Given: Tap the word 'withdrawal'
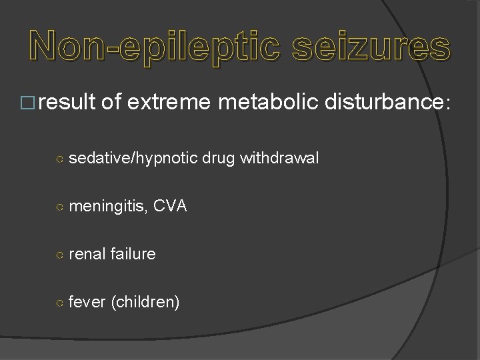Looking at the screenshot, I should tap(279, 159).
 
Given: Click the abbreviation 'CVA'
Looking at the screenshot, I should tap(170, 207).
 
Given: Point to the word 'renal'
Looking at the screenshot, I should tap(87, 254).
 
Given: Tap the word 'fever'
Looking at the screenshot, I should tap(87, 302).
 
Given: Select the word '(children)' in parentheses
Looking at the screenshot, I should tap(145, 303).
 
